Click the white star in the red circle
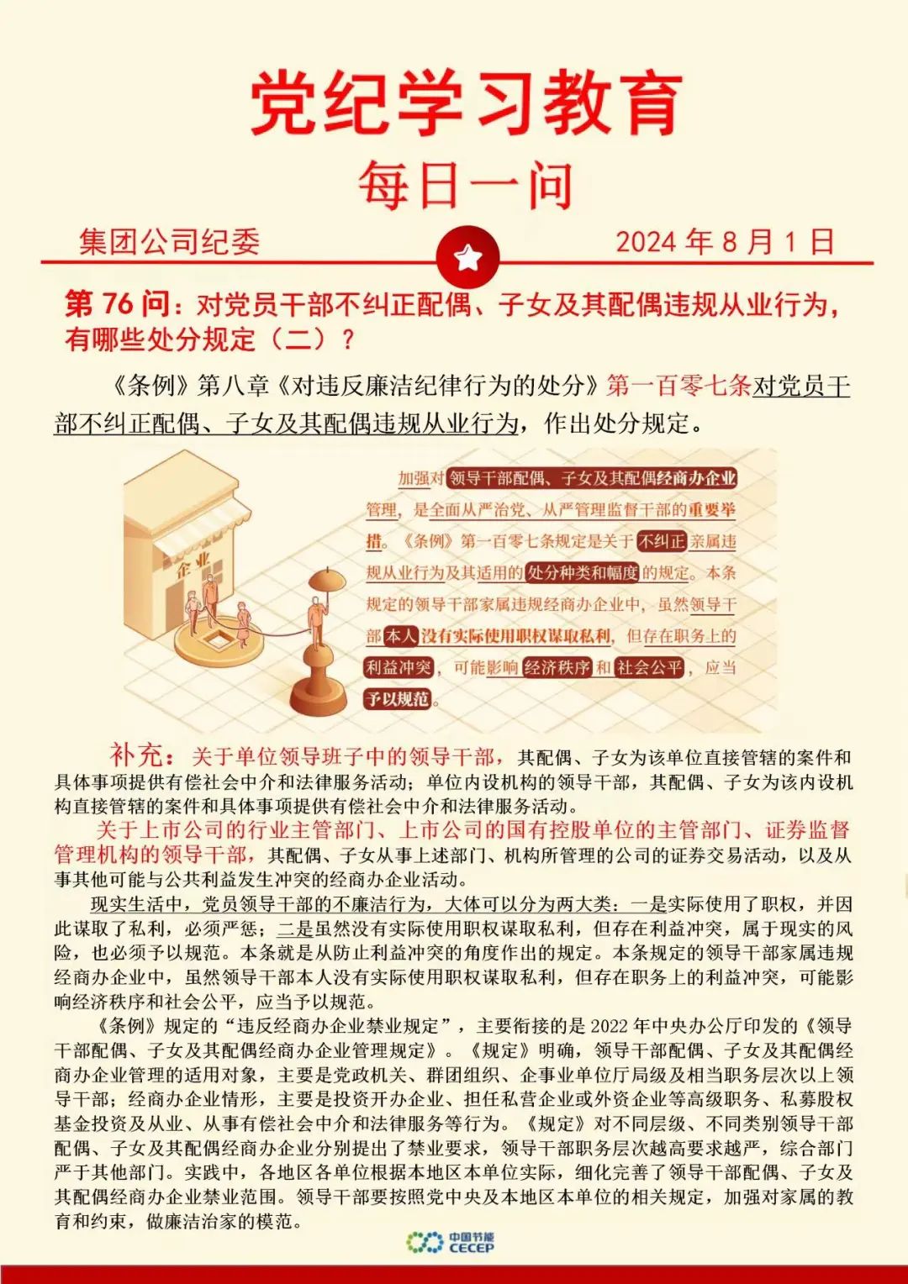[x=468, y=256]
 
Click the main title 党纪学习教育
[x=467, y=103]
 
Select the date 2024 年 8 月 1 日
[x=725, y=242]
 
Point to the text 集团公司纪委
[x=169, y=242]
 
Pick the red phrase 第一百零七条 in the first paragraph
[x=678, y=386]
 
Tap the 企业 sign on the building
[x=193, y=564]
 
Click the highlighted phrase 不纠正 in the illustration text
[x=662, y=542]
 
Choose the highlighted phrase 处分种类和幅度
[x=583, y=573]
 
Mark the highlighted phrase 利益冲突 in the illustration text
[x=399, y=668]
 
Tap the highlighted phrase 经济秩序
[x=557, y=668]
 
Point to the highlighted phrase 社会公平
[x=649, y=668]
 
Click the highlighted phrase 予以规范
[x=398, y=699]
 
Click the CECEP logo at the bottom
[x=450, y=1242]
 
